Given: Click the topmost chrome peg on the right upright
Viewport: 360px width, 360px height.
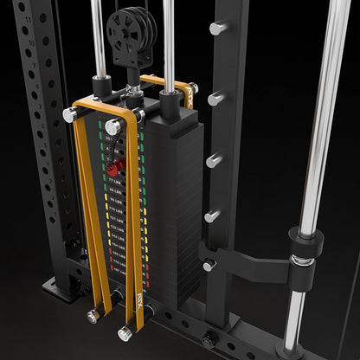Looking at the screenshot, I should pos(216,28).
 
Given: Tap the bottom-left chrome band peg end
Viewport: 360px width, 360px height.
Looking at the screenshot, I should pos(93,318).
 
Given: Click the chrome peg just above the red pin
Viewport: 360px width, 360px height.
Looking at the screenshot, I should pos(113,126).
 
